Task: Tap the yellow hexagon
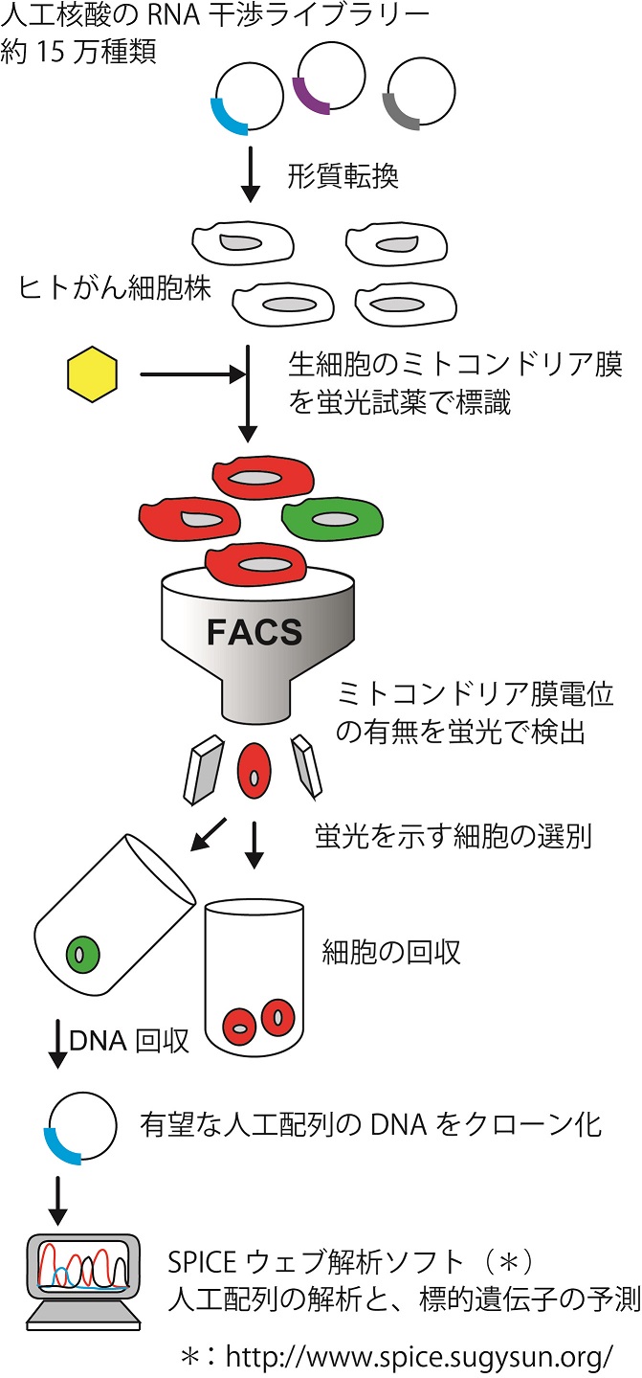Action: (x=92, y=374)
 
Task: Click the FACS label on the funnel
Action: (x=255, y=633)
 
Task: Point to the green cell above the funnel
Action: (x=333, y=518)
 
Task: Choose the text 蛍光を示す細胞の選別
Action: (x=453, y=836)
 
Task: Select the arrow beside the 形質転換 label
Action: (x=251, y=176)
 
